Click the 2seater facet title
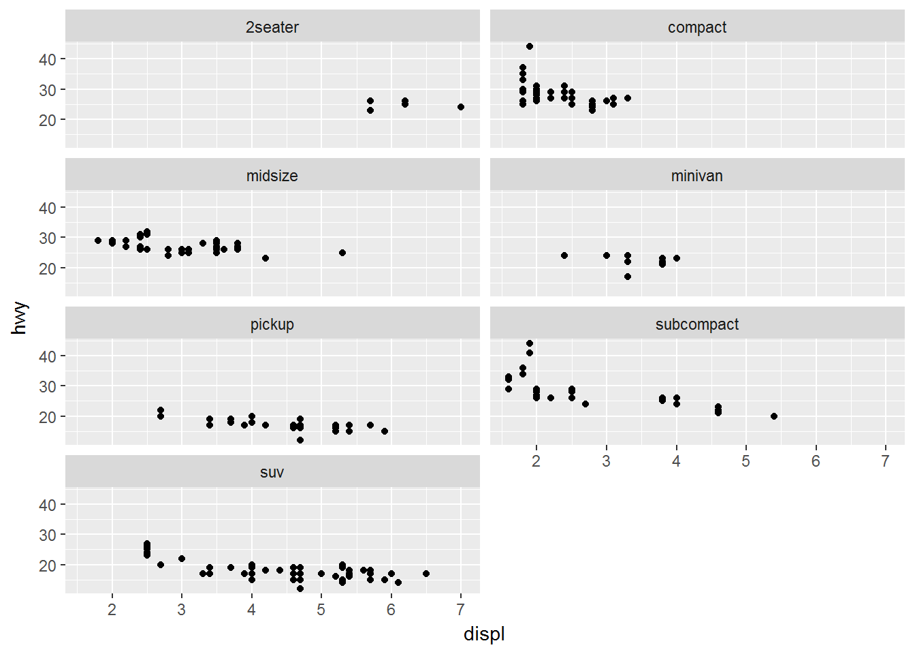tap(272, 27)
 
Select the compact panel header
tap(696, 27)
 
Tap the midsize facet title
tap(272, 176)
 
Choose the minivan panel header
tap(696, 176)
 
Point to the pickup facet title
tap(272, 324)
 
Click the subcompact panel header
tap(696, 324)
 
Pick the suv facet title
tap(272, 472)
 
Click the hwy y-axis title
tap(20, 317)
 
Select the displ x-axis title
tap(484, 634)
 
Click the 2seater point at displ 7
tap(461, 107)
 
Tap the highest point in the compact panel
tap(530, 46)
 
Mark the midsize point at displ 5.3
tap(342, 253)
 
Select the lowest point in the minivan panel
tap(628, 277)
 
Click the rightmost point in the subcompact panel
tap(774, 416)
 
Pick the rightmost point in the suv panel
tap(426, 574)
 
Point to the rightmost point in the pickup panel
tap(385, 431)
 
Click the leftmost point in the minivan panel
tap(564, 255)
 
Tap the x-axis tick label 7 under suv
tap(461, 610)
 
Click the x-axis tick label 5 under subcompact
tap(746, 461)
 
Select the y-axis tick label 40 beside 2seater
tap(48, 59)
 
